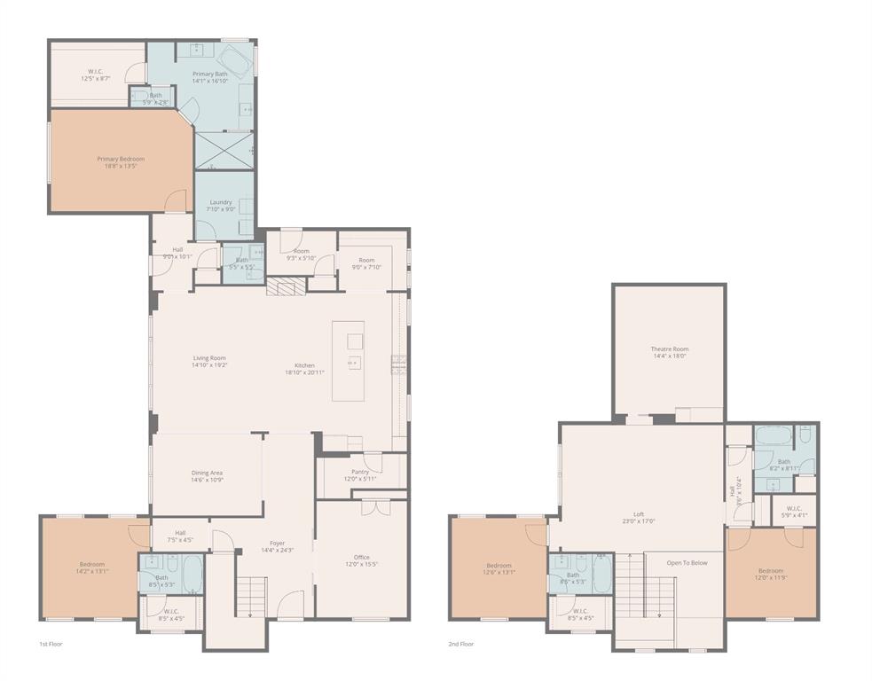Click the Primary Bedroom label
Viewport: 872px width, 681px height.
(x=121, y=159)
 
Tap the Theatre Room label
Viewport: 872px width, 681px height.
(x=669, y=349)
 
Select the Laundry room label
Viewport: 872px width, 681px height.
(x=221, y=202)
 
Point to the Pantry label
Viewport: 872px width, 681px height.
(x=360, y=472)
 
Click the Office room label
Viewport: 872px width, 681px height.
(x=360, y=557)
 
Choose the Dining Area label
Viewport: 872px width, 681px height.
(x=207, y=473)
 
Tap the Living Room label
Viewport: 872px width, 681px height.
(x=209, y=358)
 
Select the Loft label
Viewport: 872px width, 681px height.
(x=638, y=514)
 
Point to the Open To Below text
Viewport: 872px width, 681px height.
(x=687, y=562)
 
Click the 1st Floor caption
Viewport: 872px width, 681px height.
(x=51, y=644)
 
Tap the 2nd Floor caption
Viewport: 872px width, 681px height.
(x=461, y=644)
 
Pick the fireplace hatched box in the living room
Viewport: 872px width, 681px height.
(x=285, y=286)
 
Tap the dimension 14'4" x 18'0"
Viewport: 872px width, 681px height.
(x=669, y=356)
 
